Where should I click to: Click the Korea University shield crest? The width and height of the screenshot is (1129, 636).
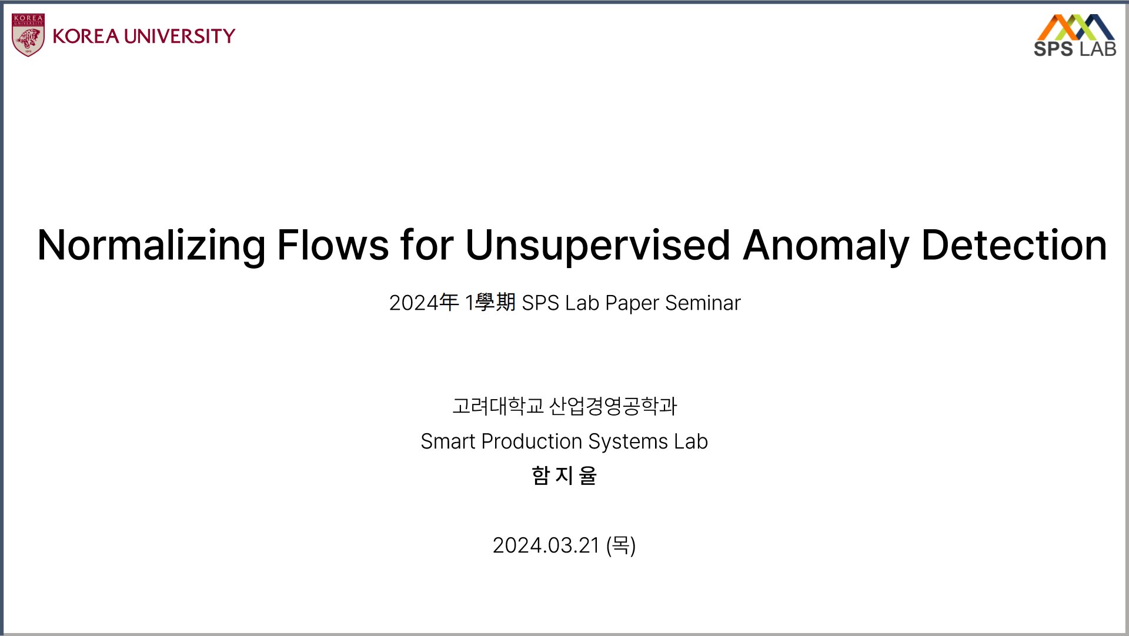pos(28,35)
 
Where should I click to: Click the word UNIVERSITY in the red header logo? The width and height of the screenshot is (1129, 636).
pos(179,36)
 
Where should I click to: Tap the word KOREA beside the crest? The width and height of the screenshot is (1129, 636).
pos(86,36)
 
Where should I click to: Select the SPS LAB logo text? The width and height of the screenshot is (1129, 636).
pos(1075,49)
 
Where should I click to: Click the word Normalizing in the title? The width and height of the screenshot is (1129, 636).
pos(152,246)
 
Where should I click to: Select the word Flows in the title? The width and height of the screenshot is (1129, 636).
pos(333,245)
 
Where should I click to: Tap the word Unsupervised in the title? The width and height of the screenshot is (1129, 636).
pos(598,246)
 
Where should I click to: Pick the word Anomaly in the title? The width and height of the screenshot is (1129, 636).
pos(826,246)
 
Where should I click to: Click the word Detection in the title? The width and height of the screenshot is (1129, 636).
pos(1014,245)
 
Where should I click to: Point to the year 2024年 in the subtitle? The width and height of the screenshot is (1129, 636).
pos(424,303)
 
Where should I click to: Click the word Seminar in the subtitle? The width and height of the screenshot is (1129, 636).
pos(703,303)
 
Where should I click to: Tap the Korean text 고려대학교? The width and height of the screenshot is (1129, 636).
pos(498,406)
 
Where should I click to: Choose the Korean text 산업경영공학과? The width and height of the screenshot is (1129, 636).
pos(613,406)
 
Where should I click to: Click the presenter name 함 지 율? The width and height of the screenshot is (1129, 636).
pos(564,476)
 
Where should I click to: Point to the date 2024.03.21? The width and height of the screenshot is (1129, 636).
pos(546,545)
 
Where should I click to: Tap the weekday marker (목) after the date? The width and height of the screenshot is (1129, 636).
pos(621,545)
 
